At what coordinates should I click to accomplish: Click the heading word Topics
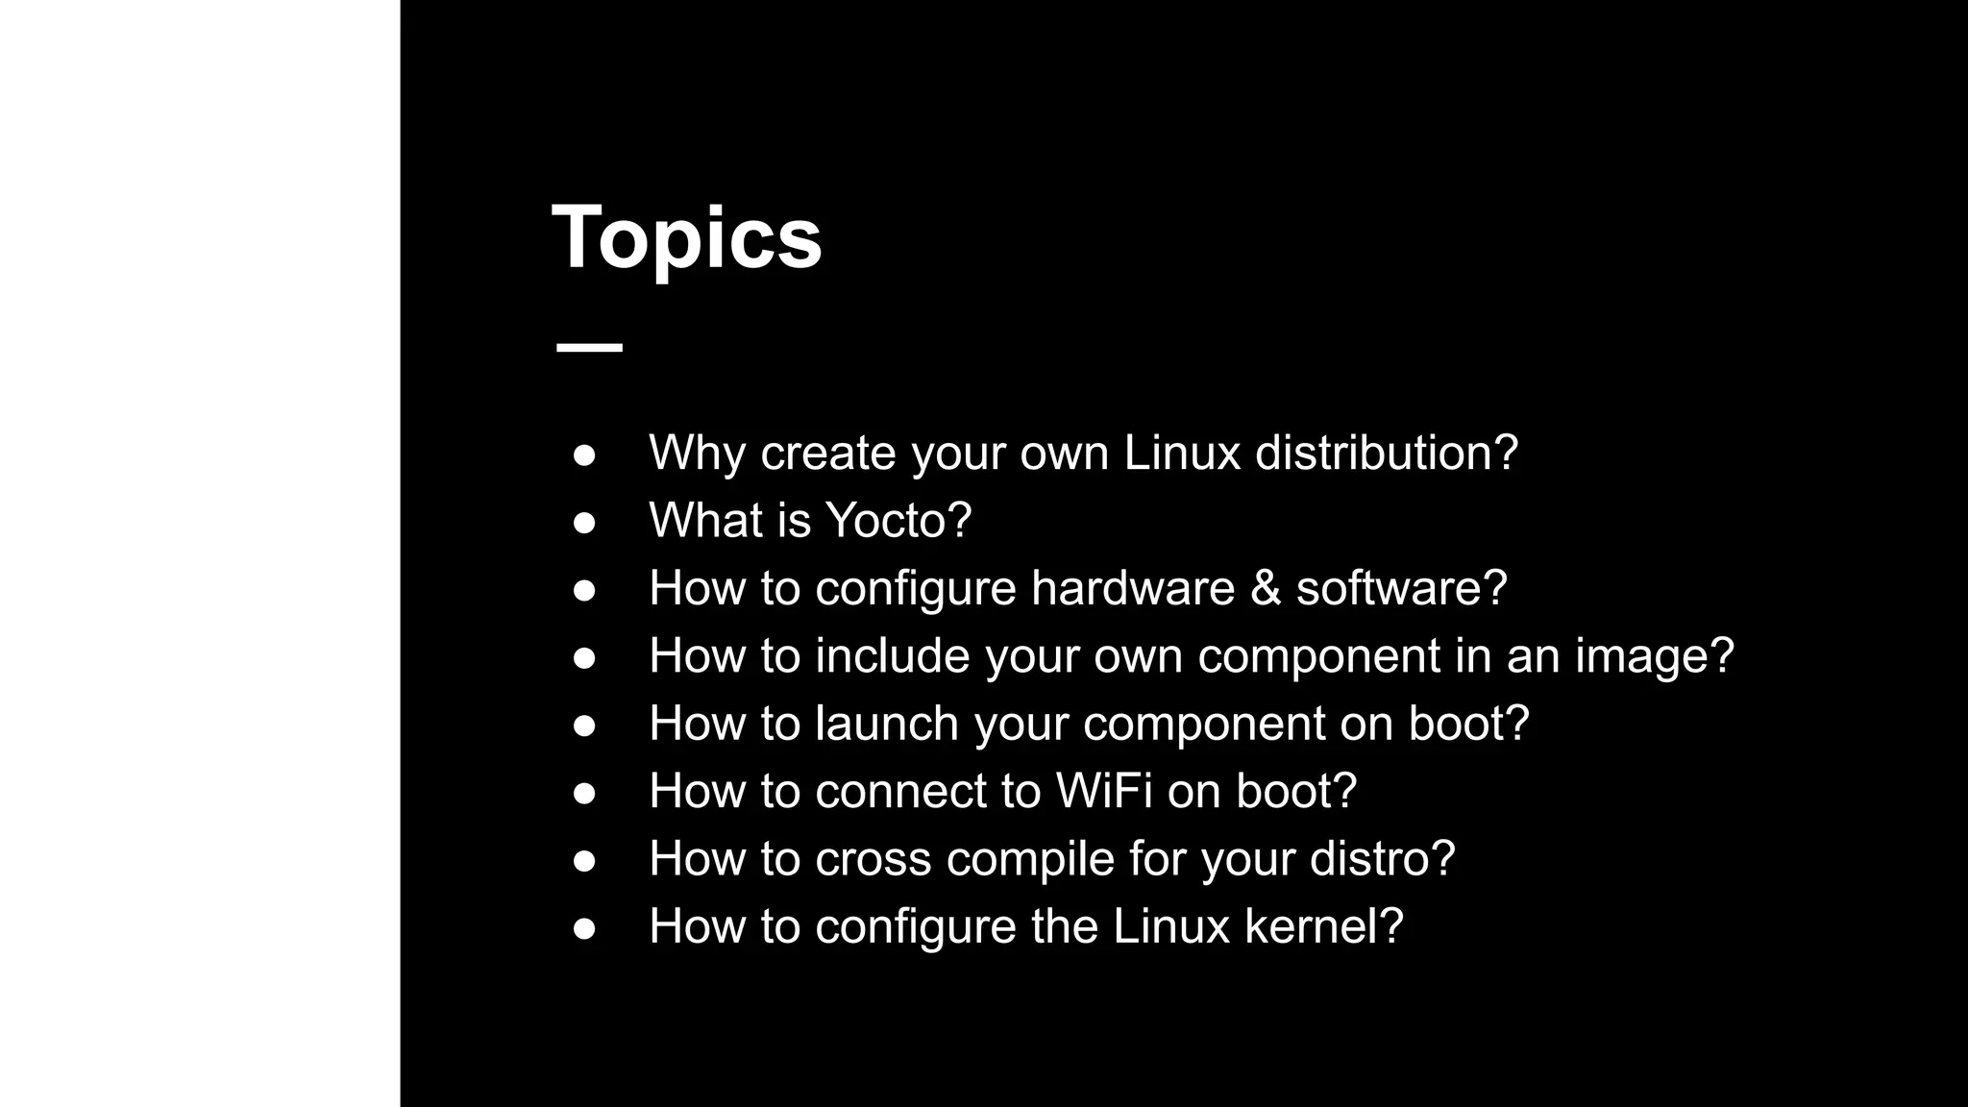tap(686, 237)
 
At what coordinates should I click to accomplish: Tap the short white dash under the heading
tap(589, 347)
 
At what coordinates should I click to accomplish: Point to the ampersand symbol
tap(1265, 588)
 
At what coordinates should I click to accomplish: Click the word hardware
tap(1132, 588)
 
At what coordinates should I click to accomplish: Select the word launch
tap(887, 724)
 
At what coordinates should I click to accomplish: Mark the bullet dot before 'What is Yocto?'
tap(584, 522)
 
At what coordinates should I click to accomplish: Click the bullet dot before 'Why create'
tap(584, 455)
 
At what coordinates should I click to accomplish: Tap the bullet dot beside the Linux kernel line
tap(584, 928)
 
